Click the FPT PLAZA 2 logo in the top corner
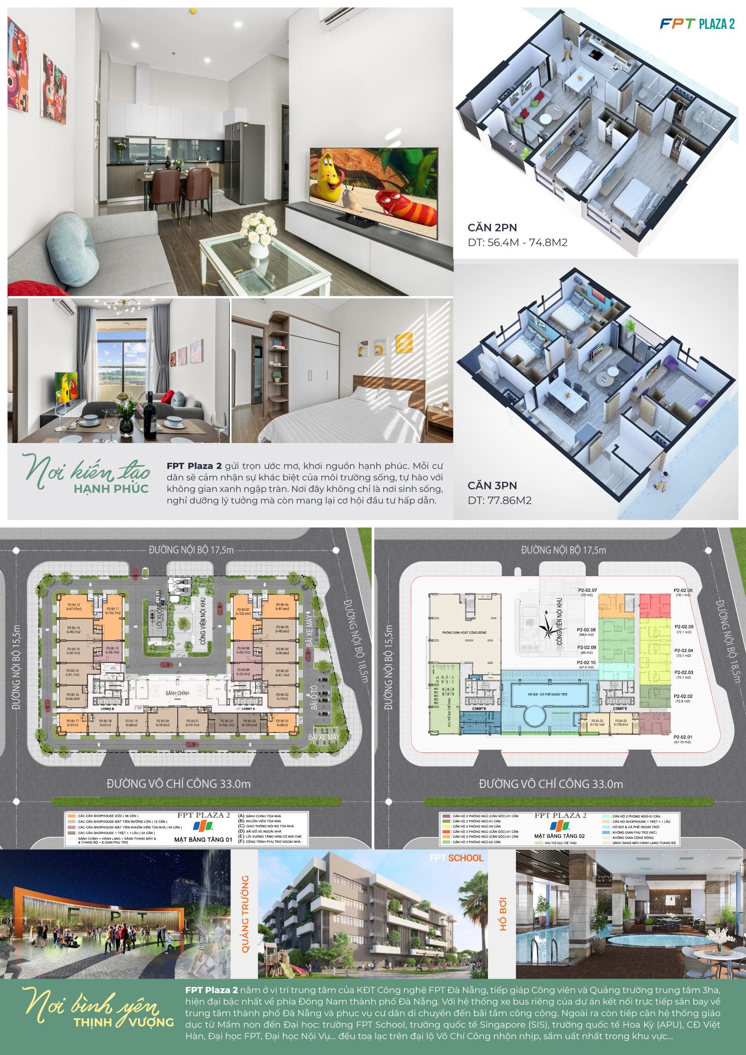(x=697, y=24)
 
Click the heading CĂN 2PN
(x=492, y=227)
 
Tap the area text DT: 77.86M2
(x=499, y=500)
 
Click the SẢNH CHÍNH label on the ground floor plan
(x=177, y=692)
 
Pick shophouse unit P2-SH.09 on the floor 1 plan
(x=243, y=672)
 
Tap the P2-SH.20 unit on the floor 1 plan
(x=163, y=723)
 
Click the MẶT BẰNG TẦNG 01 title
(x=203, y=839)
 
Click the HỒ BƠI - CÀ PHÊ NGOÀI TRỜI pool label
(x=547, y=694)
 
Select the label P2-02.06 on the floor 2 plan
(x=683, y=591)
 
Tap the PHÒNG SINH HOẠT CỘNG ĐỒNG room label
(x=464, y=632)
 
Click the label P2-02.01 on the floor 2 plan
(x=683, y=737)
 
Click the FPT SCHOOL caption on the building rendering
(x=456, y=858)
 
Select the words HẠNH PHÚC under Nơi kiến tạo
(x=111, y=488)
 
